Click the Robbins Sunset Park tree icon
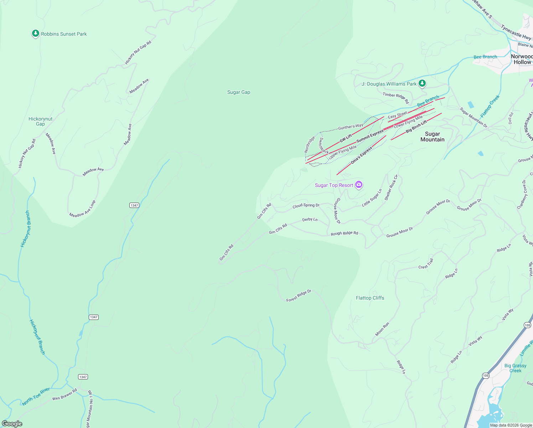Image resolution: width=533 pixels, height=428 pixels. pyautogui.click(x=35, y=34)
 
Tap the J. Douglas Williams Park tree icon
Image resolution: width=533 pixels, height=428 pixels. pyautogui.click(x=422, y=83)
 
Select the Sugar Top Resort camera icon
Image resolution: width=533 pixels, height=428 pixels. pyautogui.click(x=359, y=185)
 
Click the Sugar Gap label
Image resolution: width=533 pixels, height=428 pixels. pyautogui.click(x=239, y=92)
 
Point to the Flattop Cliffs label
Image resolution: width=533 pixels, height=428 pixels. pyautogui.click(x=370, y=298)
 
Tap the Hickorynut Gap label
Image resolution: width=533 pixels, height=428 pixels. pyautogui.click(x=40, y=121)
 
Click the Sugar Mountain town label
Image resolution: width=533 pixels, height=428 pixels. pyautogui.click(x=432, y=137)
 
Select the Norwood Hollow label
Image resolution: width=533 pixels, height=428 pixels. pyautogui.click(x=522, y=59)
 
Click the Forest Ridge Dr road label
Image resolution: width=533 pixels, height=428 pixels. pyautogui.click(x=299, y=296)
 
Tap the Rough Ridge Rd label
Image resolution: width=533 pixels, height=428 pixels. pyautogui.click(x=344, y=233)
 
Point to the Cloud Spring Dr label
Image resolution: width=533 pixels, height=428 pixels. pyautogui.click(x=306, y=206)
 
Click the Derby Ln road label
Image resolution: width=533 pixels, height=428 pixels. pyautogui.click(x=310, y=219)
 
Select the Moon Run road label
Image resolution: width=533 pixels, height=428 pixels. pyautogui.click(x=382, y=329)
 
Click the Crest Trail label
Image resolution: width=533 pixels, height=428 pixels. pyautogui.click(x=426, y=264)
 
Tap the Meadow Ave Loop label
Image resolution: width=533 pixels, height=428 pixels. pyautogui.click(x=83, y=209)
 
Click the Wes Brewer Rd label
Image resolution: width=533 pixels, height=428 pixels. pyautogui.click(x=64, y=394)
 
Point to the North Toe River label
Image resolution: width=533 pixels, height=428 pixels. pyautogui.click(x=36, y=397)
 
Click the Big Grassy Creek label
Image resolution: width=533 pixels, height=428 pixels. pyautogui.click(x=515, y=368)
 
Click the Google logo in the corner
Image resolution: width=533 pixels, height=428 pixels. pyautogui.click(x=12, y=424)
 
